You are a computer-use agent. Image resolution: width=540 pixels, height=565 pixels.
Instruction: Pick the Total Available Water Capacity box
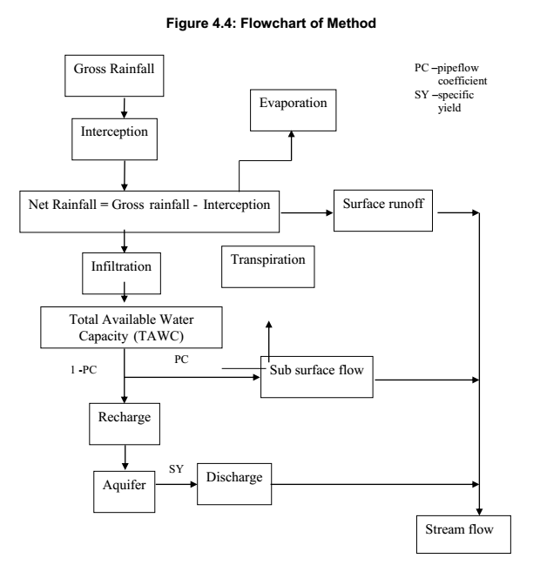pyautogui.click(x=128, y=325)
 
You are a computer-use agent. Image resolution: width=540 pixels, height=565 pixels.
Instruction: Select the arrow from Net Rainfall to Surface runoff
pyautogui.click(x=301, y=211)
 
